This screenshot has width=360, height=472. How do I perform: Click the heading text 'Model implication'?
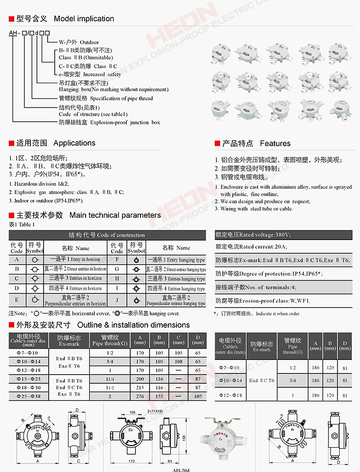pyautogui.click(x=84, y=19)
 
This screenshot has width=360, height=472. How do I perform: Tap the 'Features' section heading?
pyautogui.click(x=275, y=144)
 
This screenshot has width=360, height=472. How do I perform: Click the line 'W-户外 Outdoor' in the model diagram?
pyautogui.click(x=79, y=42)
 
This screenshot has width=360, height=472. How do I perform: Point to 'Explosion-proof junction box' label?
pyautogui.click(x=110, y=122)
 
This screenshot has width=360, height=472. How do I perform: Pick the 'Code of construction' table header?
pyautogui.click(x=106, y=235)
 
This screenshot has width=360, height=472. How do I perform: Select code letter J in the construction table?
pyautogui.click(x=117, y=300)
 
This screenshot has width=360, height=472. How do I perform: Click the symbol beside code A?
pyautogui.click(x=34, y=259)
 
